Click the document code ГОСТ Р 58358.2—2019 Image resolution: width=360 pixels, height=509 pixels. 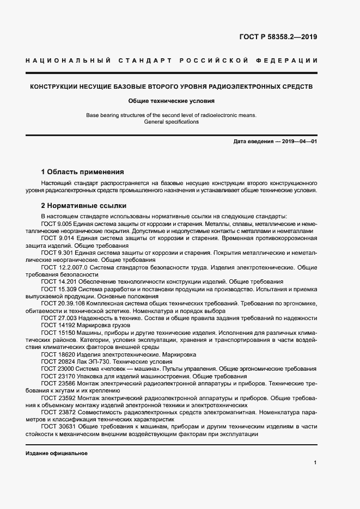click(x=278, y=37)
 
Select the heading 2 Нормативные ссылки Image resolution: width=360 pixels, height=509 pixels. click(x=84, y=206)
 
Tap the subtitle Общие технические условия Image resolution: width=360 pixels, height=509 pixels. click(x=172, y=101)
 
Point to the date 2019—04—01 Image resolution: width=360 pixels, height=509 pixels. click(x=299, y=142)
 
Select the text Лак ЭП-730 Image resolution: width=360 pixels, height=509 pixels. click(x=93, y=361)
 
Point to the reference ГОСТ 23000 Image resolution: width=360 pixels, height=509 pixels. click(x=57, y=369)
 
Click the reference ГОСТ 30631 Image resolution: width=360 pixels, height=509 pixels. click(x=57, y=426)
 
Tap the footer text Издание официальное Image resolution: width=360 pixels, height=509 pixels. click(x=56, y=453)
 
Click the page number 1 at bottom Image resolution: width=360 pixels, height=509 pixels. click(x=315, y=462)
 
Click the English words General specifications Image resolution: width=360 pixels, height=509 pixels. click(x=172, y=122)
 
